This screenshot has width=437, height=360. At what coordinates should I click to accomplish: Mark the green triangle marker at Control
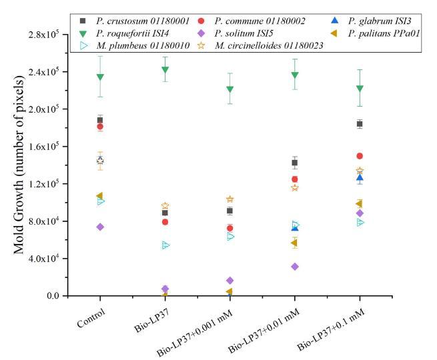pyautogui.click(x=100, y=77)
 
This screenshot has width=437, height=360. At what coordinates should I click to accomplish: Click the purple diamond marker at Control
pyautogui.click(x=100, y=227)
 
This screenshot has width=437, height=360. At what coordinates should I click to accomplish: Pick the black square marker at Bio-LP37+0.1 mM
pyautogui.click(x=360, y=124)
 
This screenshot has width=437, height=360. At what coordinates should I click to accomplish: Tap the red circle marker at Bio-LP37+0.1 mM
pyautogui.click(x=360, y=156)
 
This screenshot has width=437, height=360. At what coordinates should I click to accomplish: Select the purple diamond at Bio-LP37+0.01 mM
pyautogui.click(x=295, y=267)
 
